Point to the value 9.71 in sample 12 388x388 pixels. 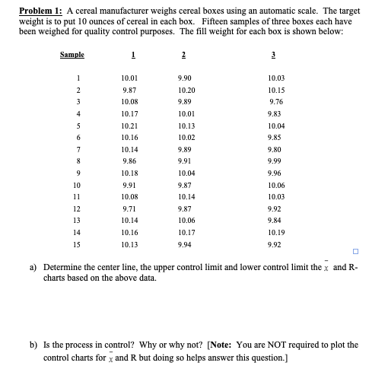129,208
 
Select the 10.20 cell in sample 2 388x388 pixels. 186,91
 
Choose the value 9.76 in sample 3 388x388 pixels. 275,102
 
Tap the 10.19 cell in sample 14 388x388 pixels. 277,231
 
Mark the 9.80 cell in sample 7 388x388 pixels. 275,149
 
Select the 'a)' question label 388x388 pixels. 33,268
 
